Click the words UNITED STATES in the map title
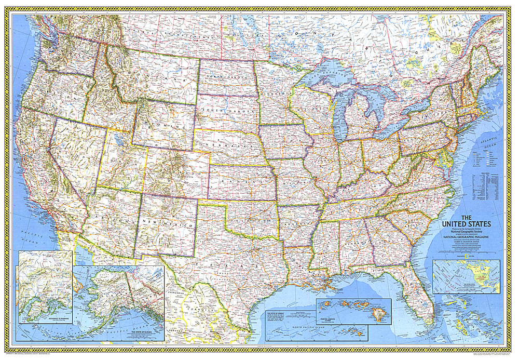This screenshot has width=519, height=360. (466, 224)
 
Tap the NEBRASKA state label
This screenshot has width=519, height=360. (228, 146)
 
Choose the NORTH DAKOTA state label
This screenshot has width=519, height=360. (224, 78)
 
